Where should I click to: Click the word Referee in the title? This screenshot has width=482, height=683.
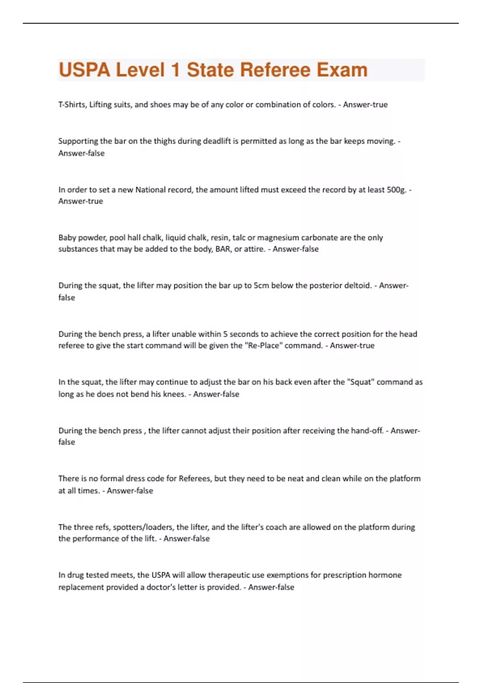275,70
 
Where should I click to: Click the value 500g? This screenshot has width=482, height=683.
396,190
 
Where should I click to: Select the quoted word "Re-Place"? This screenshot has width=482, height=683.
263,346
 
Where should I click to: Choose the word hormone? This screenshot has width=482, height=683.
386,575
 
